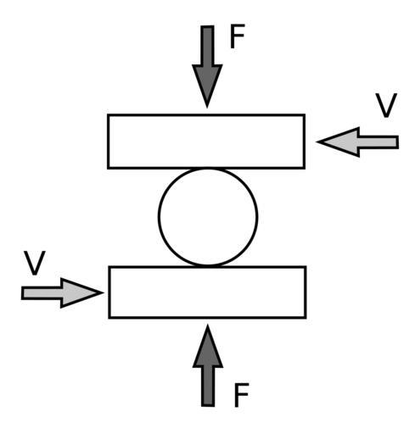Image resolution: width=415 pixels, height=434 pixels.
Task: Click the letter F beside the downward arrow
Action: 237,36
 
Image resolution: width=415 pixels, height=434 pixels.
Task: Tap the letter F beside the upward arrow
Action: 241,395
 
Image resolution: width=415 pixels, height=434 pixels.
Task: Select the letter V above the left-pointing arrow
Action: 386,105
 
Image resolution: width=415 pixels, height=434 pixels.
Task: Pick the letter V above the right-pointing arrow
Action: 35,263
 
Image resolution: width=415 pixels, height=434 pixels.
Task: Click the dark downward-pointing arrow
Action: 207,67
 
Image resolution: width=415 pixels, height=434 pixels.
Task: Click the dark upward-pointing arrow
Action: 208,365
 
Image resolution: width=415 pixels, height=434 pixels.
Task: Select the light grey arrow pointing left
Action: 357,142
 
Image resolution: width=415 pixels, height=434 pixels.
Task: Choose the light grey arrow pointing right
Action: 62,292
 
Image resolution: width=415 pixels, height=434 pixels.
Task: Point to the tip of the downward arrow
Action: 207,108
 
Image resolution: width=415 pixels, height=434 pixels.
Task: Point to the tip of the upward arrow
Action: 208,325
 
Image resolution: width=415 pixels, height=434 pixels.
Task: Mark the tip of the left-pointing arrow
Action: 317,142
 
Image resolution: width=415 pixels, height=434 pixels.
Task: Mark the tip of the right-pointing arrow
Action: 104,292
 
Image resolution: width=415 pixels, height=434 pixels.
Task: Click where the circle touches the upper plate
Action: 208,169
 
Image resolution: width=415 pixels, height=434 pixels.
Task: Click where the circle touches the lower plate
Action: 208,266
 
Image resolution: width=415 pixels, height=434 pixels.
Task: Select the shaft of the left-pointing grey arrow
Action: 379,142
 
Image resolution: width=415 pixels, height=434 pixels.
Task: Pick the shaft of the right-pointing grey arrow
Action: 42,293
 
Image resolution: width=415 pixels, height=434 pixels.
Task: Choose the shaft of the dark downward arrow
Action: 207,45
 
